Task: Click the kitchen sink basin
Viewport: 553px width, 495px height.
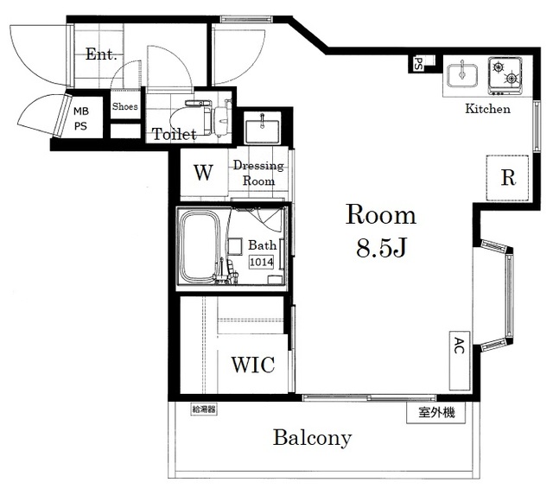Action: pos(462,75)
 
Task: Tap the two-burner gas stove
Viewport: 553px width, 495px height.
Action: pos(505,76)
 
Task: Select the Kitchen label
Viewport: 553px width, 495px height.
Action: pos(487,109)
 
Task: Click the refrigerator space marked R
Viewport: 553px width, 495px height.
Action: pos(507,178)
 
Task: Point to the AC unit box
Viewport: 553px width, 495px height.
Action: pos(460,360)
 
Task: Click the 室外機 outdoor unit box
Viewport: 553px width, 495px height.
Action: pos(436,412)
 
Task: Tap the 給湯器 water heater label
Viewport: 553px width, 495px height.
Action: pos(204,409)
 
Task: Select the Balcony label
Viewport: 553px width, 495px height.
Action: pos(313,438)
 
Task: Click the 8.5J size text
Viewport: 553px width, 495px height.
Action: pos(382,247)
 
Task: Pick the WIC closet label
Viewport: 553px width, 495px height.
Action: pos(253,365)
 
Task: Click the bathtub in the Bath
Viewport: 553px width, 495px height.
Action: pos(200,247)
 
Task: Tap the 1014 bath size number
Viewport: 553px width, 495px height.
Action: pos(261,262)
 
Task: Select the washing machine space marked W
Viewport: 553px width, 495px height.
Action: pos(204,173)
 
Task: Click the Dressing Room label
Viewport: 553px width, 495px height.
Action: pos(258,173)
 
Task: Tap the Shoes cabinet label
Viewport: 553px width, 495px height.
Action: pos(124,106)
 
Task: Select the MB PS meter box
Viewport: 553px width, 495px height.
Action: pos(81,118)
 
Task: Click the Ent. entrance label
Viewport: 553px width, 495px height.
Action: pos(101,54)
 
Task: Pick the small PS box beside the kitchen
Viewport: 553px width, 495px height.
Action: pos(418,64)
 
